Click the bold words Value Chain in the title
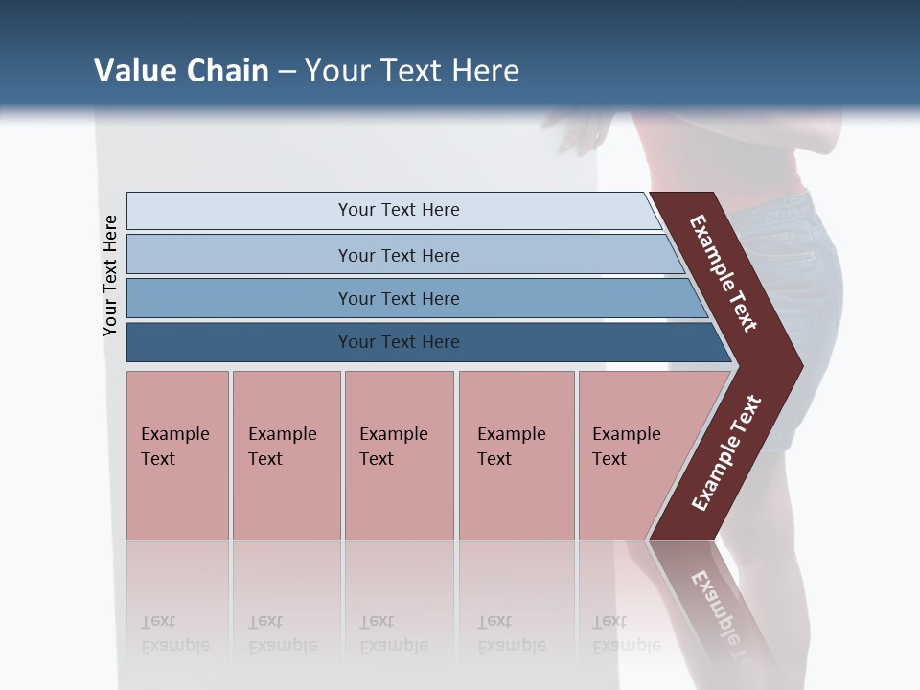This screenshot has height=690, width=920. (181, 71)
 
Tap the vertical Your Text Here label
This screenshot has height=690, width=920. (111, 276)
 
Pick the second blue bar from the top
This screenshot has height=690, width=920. (398, 255)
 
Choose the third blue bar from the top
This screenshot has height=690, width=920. (398, 298)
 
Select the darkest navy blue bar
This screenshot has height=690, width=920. (398, 342)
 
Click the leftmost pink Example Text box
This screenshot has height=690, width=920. (177, 455)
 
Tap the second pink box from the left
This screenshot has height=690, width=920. (286, 455)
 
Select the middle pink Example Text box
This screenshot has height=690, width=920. (399, 455)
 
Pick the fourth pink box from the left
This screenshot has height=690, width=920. (516, 455)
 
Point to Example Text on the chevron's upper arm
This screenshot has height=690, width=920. (724, 273)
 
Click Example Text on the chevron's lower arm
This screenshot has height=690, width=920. (726, 453)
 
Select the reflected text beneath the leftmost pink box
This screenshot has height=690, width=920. (174, 633)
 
